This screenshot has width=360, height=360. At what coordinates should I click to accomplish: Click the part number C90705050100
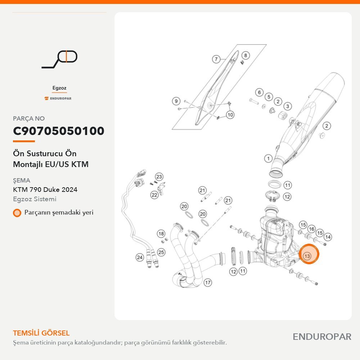[59, 131]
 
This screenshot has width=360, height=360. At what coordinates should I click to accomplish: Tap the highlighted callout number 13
[307, 256]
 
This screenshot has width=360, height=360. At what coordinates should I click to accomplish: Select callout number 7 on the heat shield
[216, 59]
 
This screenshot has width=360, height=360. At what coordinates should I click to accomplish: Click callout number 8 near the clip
[246, 55]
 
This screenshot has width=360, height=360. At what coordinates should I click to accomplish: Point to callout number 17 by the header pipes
[208, 283]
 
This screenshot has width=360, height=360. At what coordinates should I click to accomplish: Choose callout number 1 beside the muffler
[268, 158]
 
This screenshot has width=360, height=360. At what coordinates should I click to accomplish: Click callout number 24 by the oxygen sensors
[140, 257]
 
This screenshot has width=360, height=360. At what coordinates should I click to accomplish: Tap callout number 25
[161, 252]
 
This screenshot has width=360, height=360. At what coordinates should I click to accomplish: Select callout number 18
[161, 234]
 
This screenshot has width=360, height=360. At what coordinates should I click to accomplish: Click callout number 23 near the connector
[159, 177]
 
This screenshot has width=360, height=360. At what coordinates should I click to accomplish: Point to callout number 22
[154, 195]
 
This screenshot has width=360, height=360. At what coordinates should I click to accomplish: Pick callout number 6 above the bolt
[259, 93]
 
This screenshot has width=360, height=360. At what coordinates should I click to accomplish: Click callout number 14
[328, 237]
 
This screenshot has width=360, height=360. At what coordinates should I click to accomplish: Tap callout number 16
[311, 229]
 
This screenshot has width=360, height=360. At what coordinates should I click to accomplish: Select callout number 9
[176, 101]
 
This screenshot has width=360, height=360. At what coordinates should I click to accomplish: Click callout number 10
[230, 114]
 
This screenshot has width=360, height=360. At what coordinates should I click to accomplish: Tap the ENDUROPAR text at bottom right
[322, 337]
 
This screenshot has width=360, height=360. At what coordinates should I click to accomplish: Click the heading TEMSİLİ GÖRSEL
[41, 333]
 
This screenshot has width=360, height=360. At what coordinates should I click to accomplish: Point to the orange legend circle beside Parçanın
[17, 213]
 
